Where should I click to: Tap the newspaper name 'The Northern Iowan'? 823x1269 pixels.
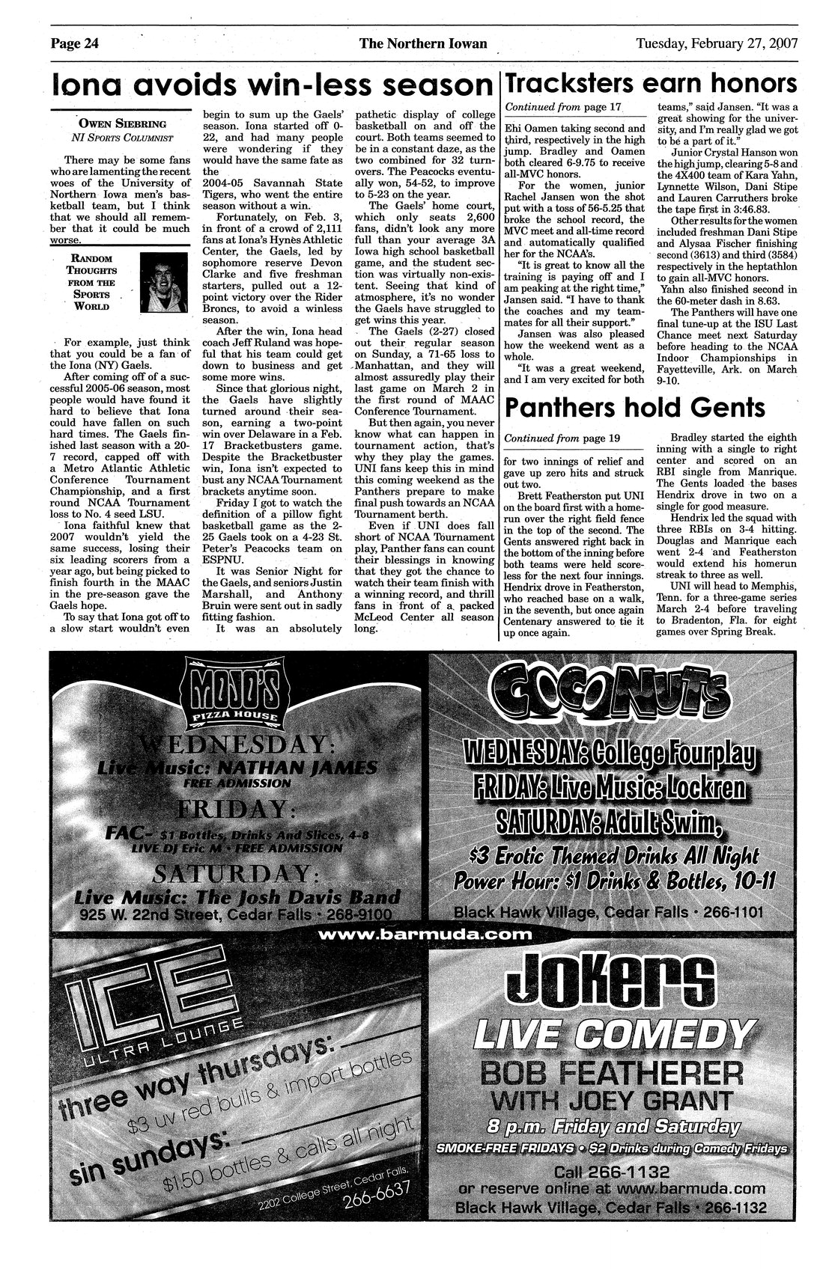click(423, 43)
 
